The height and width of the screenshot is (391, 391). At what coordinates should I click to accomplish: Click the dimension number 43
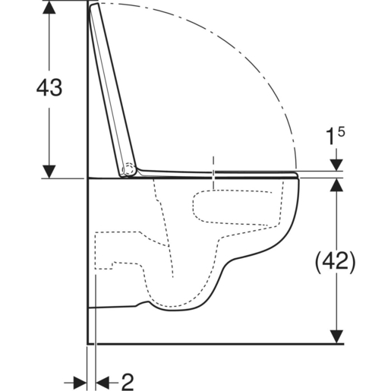click(49, 87)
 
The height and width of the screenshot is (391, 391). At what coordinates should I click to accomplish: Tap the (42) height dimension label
click(335, 262)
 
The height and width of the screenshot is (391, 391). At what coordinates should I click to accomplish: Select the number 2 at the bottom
click(128, 382)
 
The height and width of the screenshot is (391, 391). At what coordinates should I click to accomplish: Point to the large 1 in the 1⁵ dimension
click(332, 137)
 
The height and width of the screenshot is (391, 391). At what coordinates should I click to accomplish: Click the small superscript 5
click(342, 131)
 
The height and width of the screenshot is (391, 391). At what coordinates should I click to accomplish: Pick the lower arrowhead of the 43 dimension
click(49, 172)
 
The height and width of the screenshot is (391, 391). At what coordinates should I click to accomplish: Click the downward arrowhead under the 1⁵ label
click(336, 165)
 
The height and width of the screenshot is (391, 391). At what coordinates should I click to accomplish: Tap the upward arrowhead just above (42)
click(336, 184)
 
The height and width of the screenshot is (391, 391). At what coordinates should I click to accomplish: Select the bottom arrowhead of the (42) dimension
click(336, 337)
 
